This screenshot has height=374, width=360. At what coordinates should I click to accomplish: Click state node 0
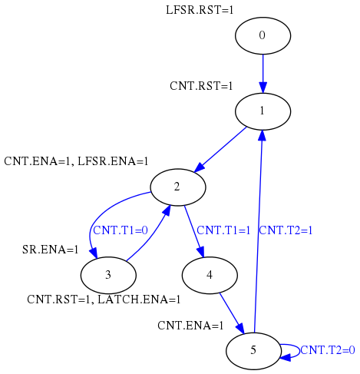[263, 35]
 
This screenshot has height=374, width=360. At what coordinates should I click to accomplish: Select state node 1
[263, 111]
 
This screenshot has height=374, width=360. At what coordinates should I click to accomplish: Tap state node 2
[178, 187]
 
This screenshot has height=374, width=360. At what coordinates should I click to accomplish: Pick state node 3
[108, 275]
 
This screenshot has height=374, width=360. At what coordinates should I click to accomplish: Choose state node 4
[210, 275]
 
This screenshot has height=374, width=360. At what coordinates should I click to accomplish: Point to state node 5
[253, 351]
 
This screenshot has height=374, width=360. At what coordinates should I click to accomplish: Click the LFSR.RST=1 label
[200, 10]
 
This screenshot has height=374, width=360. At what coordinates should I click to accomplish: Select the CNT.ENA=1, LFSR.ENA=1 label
[76, 161]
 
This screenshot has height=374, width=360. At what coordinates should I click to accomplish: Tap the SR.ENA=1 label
[50, 250]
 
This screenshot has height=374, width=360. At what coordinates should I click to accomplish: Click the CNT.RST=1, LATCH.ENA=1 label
[104, 300]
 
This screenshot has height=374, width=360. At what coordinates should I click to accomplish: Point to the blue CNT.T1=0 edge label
[121, 230]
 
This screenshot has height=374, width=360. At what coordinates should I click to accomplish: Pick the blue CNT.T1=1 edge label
[223, 230]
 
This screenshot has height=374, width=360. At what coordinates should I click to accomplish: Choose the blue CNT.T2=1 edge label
[286, 230]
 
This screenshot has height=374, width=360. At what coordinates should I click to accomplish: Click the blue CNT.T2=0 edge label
[328, 350]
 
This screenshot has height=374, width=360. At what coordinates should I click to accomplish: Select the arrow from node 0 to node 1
[263, 74]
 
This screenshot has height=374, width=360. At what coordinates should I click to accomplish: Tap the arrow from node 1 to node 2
[220, 150]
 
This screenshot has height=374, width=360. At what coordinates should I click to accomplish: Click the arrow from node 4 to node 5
[232, 313]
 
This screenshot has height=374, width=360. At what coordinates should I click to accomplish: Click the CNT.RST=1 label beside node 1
[201, 86]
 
